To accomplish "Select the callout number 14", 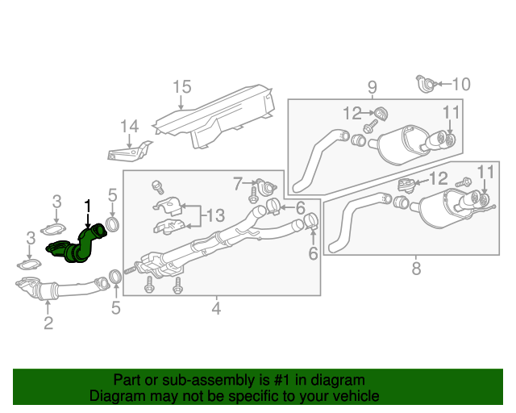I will coord(130,126).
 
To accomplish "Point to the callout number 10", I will coord(460,83).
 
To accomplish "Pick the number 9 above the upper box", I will coord(372,86).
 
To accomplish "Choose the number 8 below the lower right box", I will coord(416,269).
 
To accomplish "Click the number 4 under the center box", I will coord(216,307).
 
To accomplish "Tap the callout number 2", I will coord(48,323).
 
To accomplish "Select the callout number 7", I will coord(238,184).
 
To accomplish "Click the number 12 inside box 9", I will coord(352,112).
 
